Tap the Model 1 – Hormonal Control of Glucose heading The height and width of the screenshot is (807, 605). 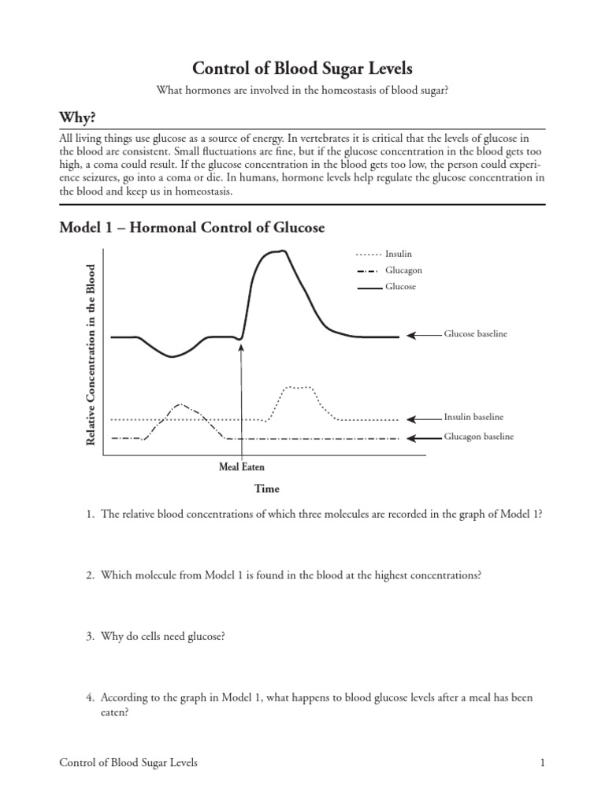[x=192, y=228]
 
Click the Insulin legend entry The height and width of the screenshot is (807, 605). [x=398, y=254]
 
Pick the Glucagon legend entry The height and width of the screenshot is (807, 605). [x=403, y=270]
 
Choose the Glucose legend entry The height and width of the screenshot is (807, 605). [x=400, y=287]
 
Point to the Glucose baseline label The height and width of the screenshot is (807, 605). [x=476, y=334]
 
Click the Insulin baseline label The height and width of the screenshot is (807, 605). [x=473, y=417]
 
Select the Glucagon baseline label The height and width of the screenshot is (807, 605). [x=478, y=437]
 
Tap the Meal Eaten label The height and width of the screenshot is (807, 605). [x=241, y=467]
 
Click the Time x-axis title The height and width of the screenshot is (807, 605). [x=267, y=489]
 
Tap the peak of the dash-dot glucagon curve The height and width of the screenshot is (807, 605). [x=180, y=404]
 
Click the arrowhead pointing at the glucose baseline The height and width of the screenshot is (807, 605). [x=410, y=335]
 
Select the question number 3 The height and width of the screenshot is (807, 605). [x=91, y=637]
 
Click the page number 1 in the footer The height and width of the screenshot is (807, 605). [x=543, y=762]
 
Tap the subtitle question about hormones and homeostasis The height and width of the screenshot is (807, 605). [x=302, y=91]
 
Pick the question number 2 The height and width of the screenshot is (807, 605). [x=91, y=575]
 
